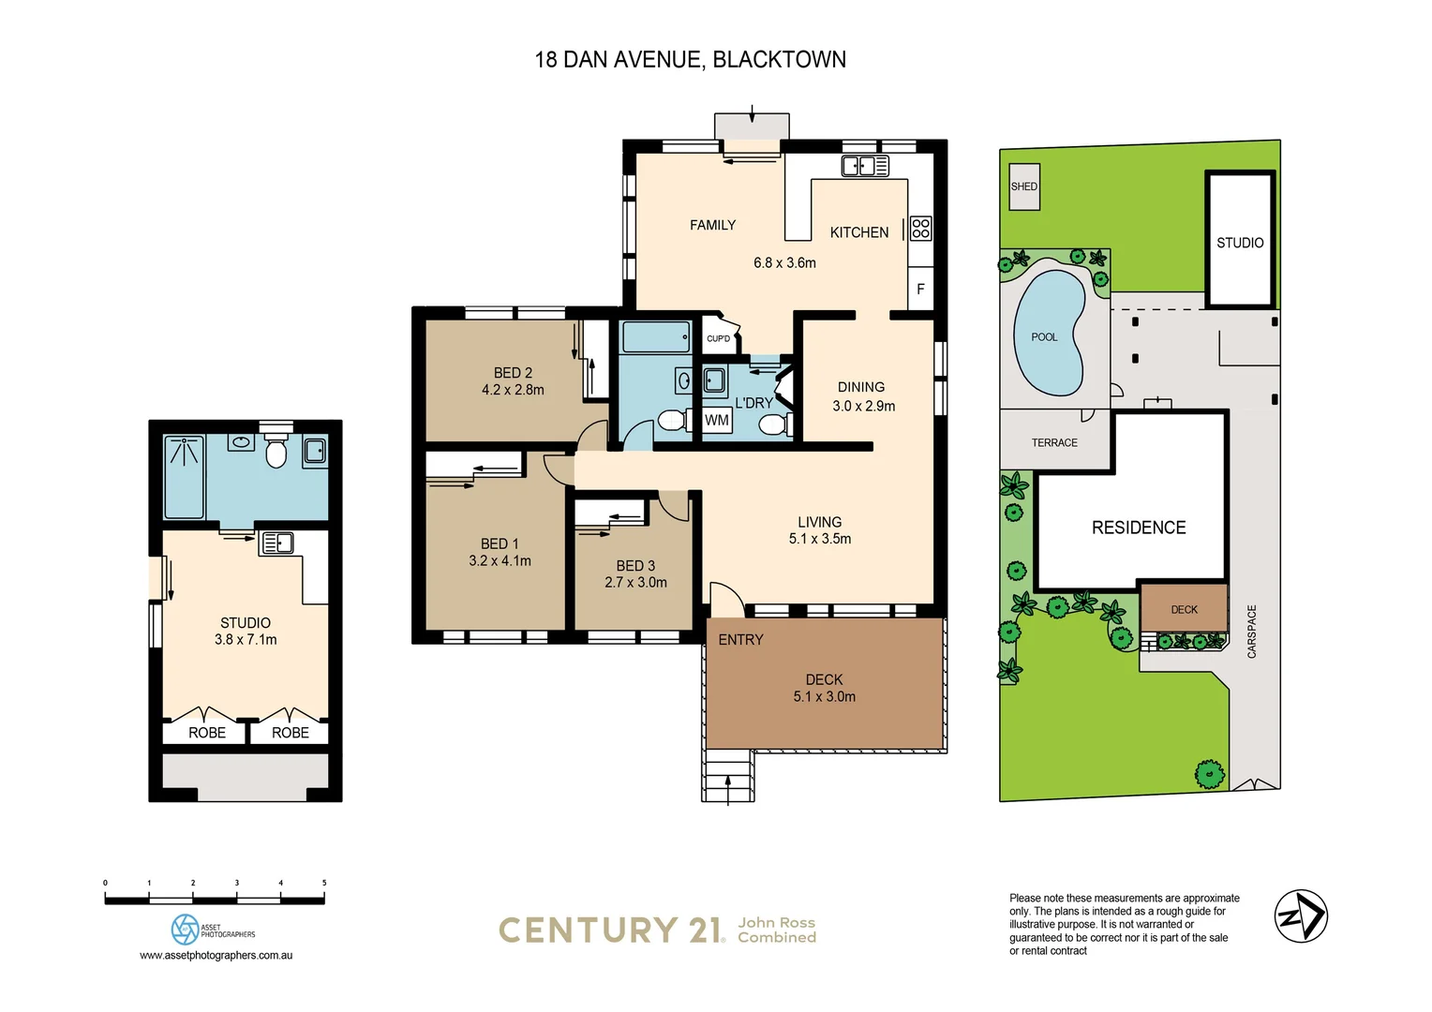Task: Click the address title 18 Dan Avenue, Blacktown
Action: click(690, 60)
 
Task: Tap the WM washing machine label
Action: click(717, 421)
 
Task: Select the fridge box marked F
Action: click(920, 289)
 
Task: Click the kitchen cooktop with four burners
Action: click(921, 228)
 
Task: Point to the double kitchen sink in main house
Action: click(865, 167)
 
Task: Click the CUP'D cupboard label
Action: click(718, 338)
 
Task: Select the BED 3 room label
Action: click(635, 566)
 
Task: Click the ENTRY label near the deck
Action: click(740, 640)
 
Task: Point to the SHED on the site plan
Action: click(1024, 186)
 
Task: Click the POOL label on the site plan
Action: click(1044, 337)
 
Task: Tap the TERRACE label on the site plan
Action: click(1054, 443)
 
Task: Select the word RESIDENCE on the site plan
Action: click(1139, 528)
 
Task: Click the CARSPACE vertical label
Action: click(1252, 632)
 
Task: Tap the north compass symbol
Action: click(1301, 916)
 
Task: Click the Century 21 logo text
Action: click(610, 930)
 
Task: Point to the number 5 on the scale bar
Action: click(324, 883)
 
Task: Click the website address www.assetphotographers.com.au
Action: click(216, 956)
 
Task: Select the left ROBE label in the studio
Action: click(207, 733)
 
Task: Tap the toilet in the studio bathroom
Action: click(276, 454)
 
